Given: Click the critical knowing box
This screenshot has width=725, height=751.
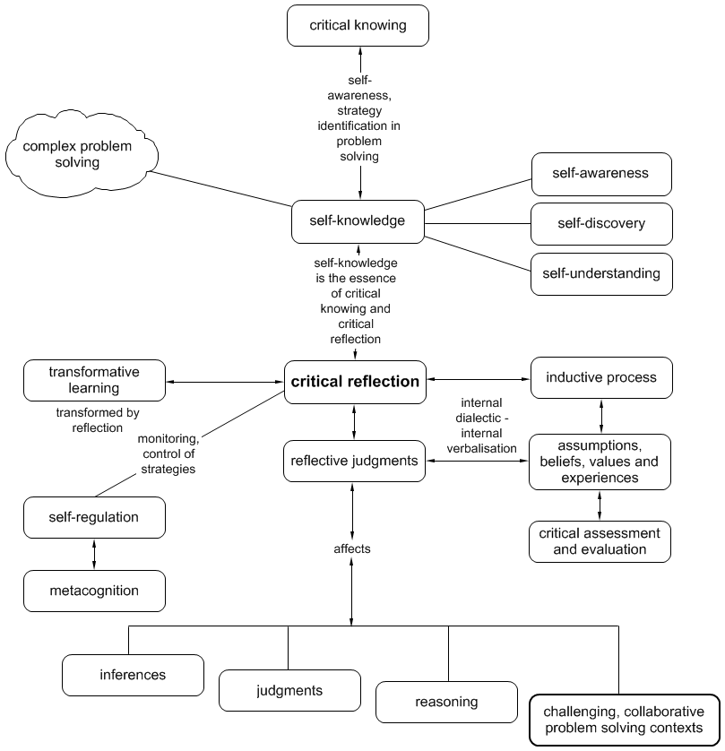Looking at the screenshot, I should point(358,26).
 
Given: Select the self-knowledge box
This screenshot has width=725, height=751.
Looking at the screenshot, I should point(358,220).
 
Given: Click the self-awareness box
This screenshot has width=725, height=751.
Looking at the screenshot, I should point(600,173).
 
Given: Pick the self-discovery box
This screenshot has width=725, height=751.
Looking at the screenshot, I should point(600,223).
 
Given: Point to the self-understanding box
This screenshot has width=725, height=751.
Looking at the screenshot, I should point(600,273).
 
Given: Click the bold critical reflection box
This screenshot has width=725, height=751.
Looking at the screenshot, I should point(355,382).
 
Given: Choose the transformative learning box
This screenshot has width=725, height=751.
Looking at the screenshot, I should point(95,380).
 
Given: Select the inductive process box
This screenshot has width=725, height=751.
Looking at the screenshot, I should point(600,377).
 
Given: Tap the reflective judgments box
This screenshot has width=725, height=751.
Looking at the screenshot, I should point(354,461).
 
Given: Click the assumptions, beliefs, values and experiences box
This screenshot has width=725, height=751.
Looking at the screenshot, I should point(600,462).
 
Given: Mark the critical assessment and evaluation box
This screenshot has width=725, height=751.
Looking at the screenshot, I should point(600,540).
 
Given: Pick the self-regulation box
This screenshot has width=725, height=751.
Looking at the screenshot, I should point(94,517).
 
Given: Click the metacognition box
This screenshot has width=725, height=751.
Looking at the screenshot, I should point(94,591).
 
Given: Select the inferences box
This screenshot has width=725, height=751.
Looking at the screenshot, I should point(133,675).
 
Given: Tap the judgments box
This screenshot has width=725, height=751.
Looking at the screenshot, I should point(289,690).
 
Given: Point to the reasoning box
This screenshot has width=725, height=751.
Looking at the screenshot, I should point(446,702).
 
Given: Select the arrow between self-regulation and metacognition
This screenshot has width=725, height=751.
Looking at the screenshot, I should point(94,554).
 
